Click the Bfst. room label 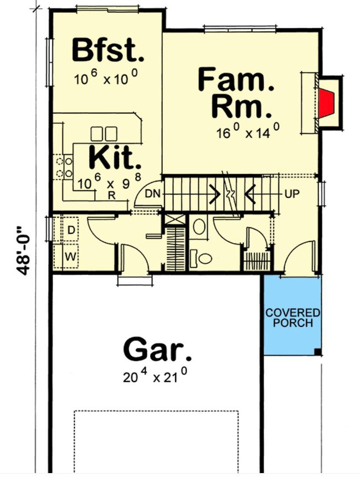pos(107,51)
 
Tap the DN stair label pos(152,194)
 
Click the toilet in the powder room pos(203,258)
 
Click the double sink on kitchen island pos(104,133)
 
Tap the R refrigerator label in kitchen pos(111,195)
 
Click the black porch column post pos(316,352)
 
